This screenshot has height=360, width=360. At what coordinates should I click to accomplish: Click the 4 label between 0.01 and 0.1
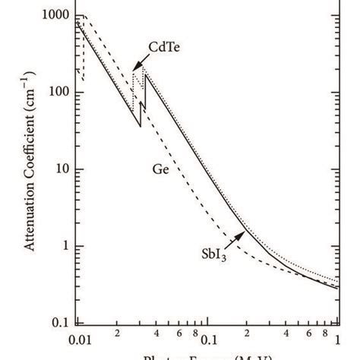[x=155, y=335]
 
